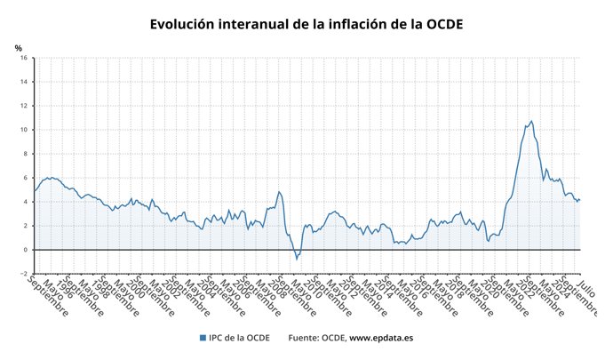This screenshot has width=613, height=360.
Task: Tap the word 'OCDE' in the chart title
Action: [441, 24]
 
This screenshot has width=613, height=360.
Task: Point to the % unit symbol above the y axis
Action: [19, 48]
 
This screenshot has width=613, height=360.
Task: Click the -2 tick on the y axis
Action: [24, 274]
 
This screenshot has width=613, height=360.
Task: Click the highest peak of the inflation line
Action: [531, 121]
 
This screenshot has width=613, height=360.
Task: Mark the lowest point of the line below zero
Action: [297, 259]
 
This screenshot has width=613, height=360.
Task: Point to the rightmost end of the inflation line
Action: [580, 199]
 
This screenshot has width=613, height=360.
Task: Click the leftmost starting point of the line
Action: [34, 191]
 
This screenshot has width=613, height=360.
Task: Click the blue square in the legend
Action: [203, 338]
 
